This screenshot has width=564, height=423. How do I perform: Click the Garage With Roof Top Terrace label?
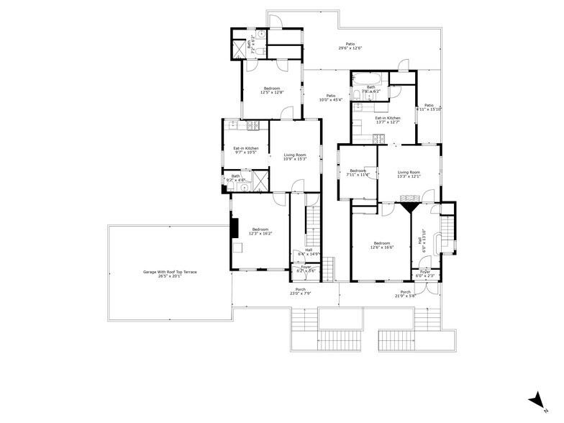pos(170,273)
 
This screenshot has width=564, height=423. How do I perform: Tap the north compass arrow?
pos(535,401)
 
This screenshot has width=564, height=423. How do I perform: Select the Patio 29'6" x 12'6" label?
pos(350,46)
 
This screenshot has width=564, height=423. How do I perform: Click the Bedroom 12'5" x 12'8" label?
pos(271,90)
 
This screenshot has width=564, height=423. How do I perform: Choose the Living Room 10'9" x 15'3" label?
pos(295,157)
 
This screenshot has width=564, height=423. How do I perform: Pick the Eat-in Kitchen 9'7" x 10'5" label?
pos(245,150)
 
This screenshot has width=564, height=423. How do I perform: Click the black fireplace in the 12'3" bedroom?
pos(234,227)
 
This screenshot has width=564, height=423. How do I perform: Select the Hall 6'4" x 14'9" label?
pos(308,252)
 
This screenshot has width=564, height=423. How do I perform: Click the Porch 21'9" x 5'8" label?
pos(404,294)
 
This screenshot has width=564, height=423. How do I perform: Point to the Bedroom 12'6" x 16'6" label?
pos(381,245)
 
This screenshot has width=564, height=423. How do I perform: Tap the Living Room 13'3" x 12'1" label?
pos(409,174)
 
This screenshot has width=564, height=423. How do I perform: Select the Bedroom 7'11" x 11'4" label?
pos(358,172)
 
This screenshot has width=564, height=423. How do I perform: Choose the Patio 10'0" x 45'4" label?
pos(331,97)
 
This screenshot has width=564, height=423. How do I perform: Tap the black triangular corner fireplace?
pos(410,207)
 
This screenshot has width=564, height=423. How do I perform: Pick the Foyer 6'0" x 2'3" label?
pos(425,274)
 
